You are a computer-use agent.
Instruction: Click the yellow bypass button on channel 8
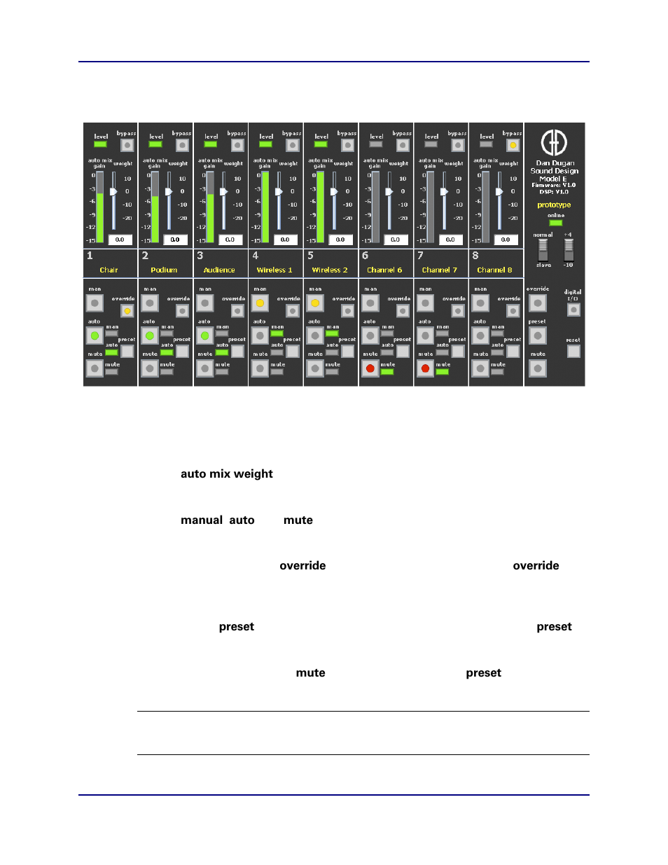pyautogui.click(x=513, y=146)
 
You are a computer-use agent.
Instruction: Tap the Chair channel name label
pyautogui.click(x=109, y=270)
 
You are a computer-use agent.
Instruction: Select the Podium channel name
pyautogui.click(x=164, y=270)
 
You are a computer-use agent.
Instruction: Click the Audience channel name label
pyautogui.click(x=219, y=270)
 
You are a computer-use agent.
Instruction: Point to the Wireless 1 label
pyautogui.click(x=274, y=270)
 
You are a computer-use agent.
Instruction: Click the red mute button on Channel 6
pyautogui.click(x=370, y=368)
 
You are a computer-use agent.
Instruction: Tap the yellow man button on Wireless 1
pyautogui.click(x=260, y=303)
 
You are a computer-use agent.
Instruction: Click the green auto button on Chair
pyautogui.click(x=95, y=336)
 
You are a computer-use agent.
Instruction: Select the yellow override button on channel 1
pyautogui.click(x=127, y=310)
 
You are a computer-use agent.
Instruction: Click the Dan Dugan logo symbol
pyautogui.click(x=554, y=143)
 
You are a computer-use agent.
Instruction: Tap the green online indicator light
pyautogui.click(x=555, y=223)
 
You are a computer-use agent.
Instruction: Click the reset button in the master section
pyautogui.click(x=573, y=351)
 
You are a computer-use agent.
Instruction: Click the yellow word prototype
pyautogui.click(x=554, y=205)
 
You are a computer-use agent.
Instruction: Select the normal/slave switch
pyautogui.click(x=543, y=250)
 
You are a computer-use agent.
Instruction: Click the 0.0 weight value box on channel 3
pyautogui.click(x=230, y=240)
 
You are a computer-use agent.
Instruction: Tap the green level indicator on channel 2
pyautogui.click(x=155, y=144)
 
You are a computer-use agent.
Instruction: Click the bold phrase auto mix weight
pyautogui.click(x=227, y=474)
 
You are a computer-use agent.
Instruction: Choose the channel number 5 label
pyautogui.click(x=311, y=256)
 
